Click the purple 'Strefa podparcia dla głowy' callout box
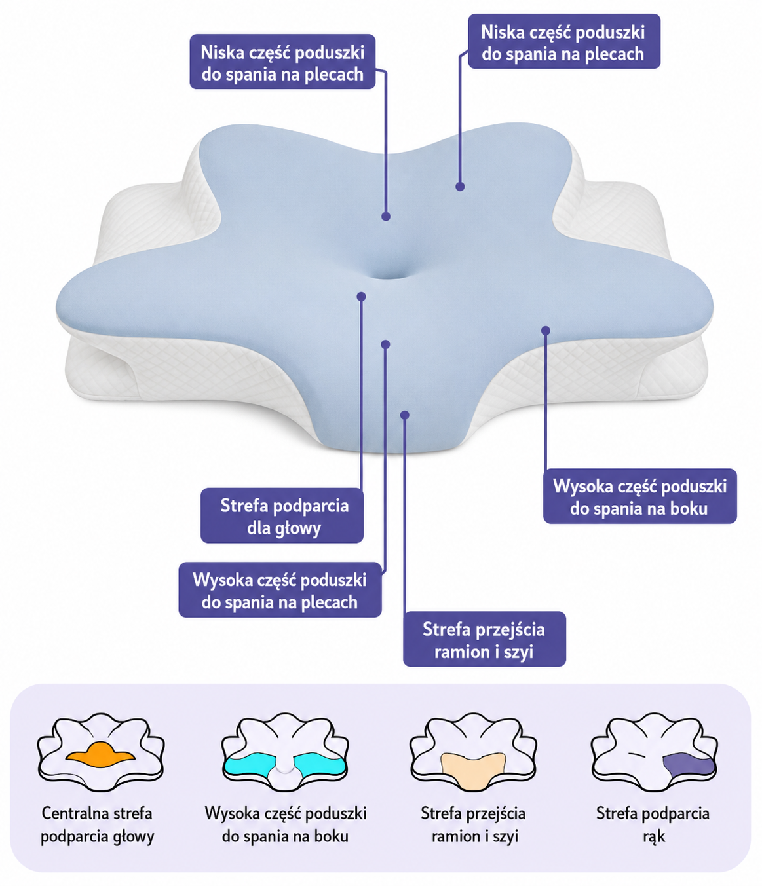pyautogui.click(x=282, y=515)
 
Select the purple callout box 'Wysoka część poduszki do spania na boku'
pyautogui.click(x=639, y=496)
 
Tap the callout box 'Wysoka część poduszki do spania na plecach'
pyautogui.click(x=280, y=590)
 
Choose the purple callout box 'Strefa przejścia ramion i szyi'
pyautogui.click(x=484, y=638)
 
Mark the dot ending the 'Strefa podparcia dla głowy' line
pyautogui.click(x=361, y=296)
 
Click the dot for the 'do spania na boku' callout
pyautogui.click(x=545, y=331)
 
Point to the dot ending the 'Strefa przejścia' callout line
pyautogui.click(x=405, y=415)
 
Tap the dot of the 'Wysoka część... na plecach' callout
pyautogui.click(x=385, y=344)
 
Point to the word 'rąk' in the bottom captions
pyautogui.click(x=654, y=836)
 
